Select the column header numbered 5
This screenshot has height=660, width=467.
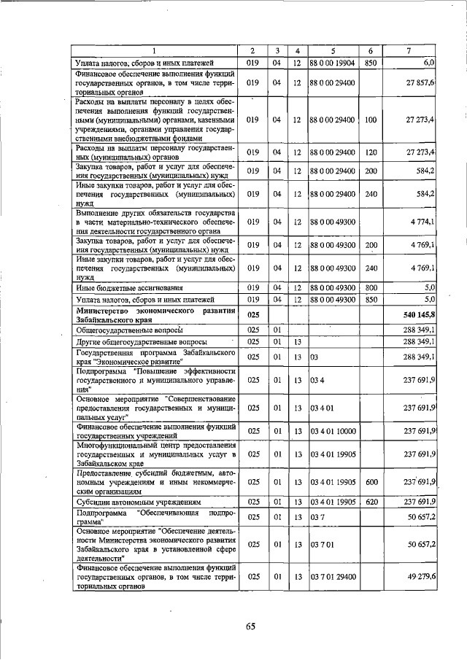pos(331,50)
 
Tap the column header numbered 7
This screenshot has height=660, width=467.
pos(409,50)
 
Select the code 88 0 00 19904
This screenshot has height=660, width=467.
pos(331,63)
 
